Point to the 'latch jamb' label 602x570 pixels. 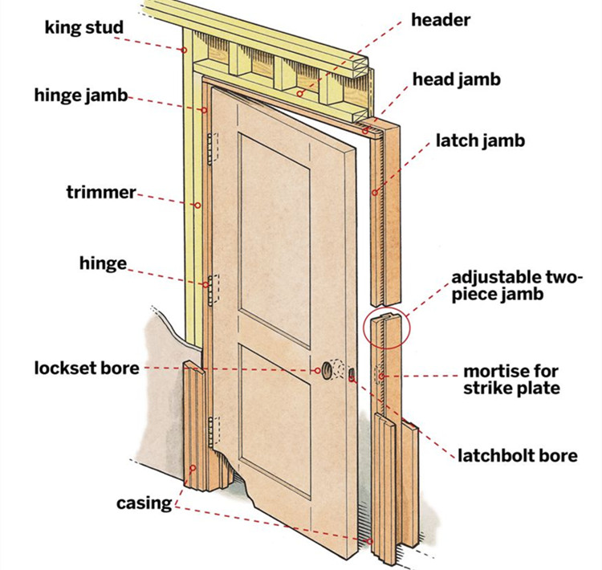coord(480,141)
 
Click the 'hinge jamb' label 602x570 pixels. coord(80,96)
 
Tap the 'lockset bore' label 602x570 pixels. coord(87,368)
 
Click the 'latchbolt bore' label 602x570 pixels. coord(517,456)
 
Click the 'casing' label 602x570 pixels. coord(144,503)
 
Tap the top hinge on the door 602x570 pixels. coord(212,150)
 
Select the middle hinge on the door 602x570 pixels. coord(213,290)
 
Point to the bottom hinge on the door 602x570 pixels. coord(212,432)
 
